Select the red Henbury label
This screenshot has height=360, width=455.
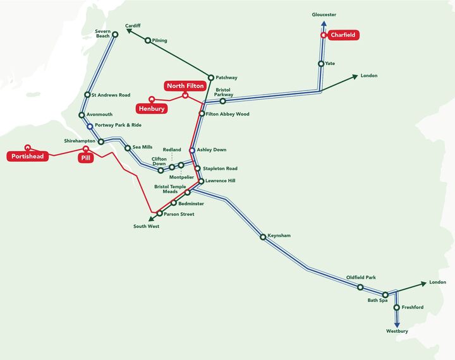coord(153,109)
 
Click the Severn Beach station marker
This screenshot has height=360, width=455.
coord(115,35)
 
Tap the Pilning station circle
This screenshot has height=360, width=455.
coord(148,40)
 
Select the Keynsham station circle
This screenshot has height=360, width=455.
coord(263,237)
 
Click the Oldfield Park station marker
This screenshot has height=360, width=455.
coord(360,287)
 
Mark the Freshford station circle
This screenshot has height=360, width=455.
coord(397,308)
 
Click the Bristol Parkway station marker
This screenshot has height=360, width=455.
coord(222,100)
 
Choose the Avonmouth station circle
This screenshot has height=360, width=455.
coord(82,115)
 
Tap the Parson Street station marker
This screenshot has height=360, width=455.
coord(159,214)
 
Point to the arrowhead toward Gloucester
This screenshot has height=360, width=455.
coord(324,24)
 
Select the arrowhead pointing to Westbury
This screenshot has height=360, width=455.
coord(397,323)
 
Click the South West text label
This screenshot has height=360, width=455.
coord(146,225)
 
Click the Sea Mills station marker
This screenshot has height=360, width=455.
coord(127,148)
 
